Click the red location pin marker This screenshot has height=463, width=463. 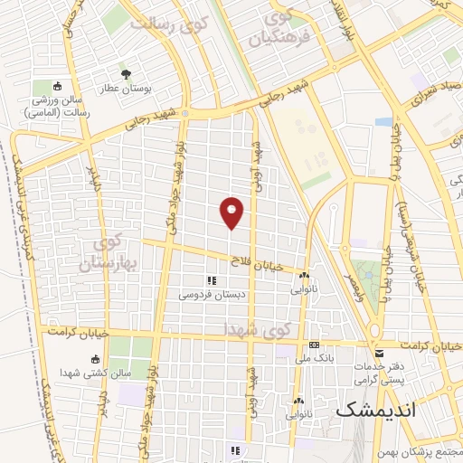232,212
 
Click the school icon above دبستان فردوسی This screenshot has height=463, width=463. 213,281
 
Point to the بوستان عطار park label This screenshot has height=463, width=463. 125,88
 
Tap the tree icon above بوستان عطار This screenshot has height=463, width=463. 125,74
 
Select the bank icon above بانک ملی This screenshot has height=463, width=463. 314,345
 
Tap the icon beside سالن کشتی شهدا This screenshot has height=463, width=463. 96,359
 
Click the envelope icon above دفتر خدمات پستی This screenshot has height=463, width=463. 379,352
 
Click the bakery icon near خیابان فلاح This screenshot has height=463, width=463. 305,276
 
